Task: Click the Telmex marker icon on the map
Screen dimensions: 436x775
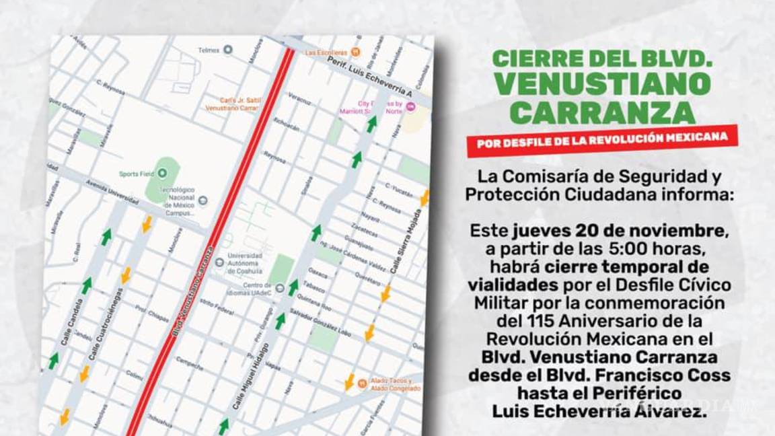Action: (x=227, y=49)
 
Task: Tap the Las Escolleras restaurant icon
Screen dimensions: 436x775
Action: (x=356, y=52)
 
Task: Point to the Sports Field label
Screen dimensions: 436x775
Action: (x=137, y=174)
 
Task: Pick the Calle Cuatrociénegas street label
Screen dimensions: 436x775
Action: (x=106, y=322)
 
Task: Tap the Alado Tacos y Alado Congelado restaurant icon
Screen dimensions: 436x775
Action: (x=362, y=383)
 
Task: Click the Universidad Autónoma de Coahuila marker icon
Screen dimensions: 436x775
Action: (x=219, y=262)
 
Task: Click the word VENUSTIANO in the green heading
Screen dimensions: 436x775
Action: (x=601, y=84)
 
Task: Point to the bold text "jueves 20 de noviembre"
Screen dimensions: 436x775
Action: (x=619, y=231)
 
